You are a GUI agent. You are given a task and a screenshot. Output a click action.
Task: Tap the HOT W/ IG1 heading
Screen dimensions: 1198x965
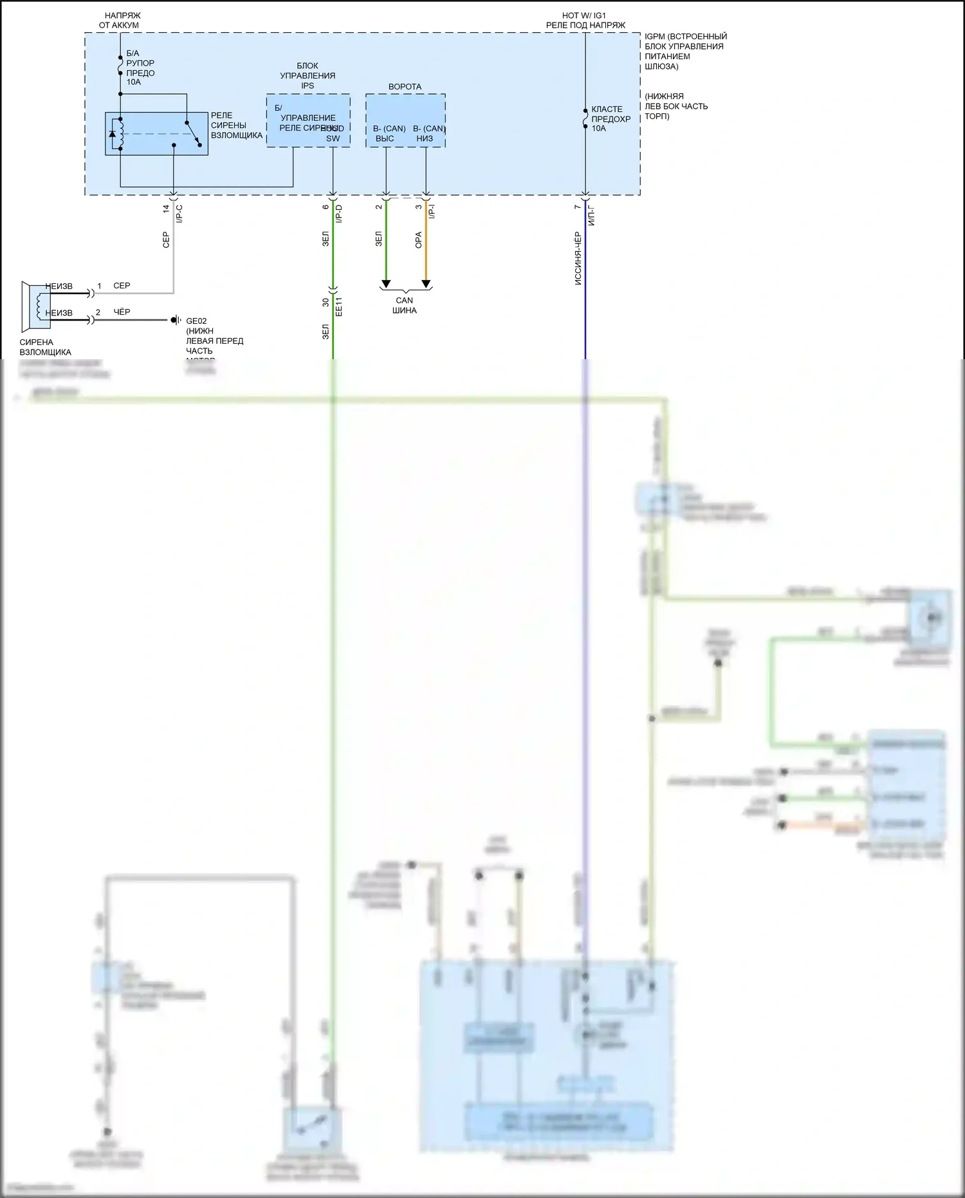coord(584,15)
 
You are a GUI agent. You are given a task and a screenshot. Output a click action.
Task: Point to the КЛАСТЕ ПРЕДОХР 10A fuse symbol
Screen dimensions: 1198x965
coord(585,118)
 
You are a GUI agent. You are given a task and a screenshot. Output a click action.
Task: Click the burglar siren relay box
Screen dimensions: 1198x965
coord(156,134)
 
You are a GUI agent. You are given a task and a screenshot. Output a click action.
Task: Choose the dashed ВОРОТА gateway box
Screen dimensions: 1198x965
coord(405,120)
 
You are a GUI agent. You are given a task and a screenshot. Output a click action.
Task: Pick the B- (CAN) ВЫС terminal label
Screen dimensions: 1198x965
coord(389,133)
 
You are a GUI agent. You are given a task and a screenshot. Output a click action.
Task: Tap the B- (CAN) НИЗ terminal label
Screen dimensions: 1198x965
coord(428,133)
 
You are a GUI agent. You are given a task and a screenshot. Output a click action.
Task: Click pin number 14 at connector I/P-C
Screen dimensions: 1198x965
coord(166,209)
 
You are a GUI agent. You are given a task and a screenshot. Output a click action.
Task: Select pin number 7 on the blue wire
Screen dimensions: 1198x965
coord(577,207)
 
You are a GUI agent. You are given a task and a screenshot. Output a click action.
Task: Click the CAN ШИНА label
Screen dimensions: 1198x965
coord(405,305)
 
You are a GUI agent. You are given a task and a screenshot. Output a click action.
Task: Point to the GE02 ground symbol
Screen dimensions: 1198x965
coord(175,320)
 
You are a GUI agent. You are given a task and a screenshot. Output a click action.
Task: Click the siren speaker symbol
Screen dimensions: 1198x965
coord(35,305)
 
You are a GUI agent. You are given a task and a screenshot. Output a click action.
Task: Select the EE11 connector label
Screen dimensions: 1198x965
coord(339,306)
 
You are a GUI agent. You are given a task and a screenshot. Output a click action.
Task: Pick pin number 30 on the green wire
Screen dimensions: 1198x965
coord(326,302)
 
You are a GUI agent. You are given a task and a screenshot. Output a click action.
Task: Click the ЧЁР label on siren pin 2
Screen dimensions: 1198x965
coord(122,312)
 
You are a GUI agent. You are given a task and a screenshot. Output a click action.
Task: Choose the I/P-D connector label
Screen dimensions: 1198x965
coord(339,214)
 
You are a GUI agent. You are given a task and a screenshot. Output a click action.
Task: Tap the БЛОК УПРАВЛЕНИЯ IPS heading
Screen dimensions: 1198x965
coord(308,75)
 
